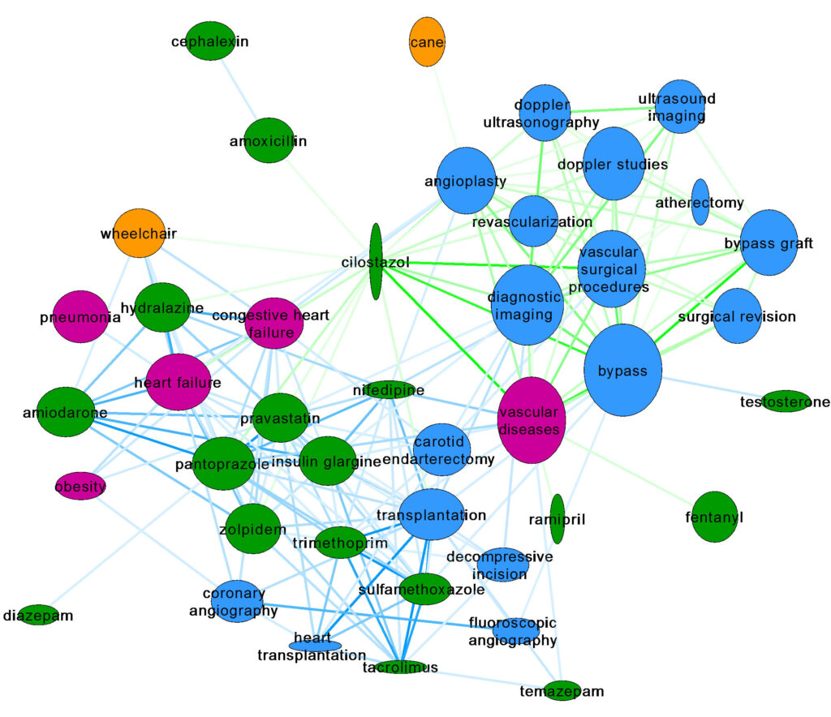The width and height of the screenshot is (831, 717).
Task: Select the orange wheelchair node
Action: coord(138,234)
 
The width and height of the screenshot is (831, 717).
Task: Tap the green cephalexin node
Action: coord(209,41)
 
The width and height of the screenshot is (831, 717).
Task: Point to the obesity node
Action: coord(80,486)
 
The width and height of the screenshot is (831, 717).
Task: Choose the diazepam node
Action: coord(37,615)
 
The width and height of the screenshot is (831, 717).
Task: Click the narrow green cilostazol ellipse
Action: coord(376,262)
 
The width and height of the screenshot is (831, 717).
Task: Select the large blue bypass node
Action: coord(622,371)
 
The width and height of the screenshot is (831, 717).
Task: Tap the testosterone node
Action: coord(785,401)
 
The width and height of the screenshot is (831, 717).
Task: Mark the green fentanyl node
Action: coord(714,517)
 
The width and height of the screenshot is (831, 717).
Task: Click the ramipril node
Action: coord(557,519)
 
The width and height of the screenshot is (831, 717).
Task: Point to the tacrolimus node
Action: coord(400,667)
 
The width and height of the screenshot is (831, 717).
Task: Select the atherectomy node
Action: coord(700,202)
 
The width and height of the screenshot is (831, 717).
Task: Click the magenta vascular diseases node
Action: coord(532,420)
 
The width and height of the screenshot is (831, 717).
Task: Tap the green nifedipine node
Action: coord(388,391)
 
